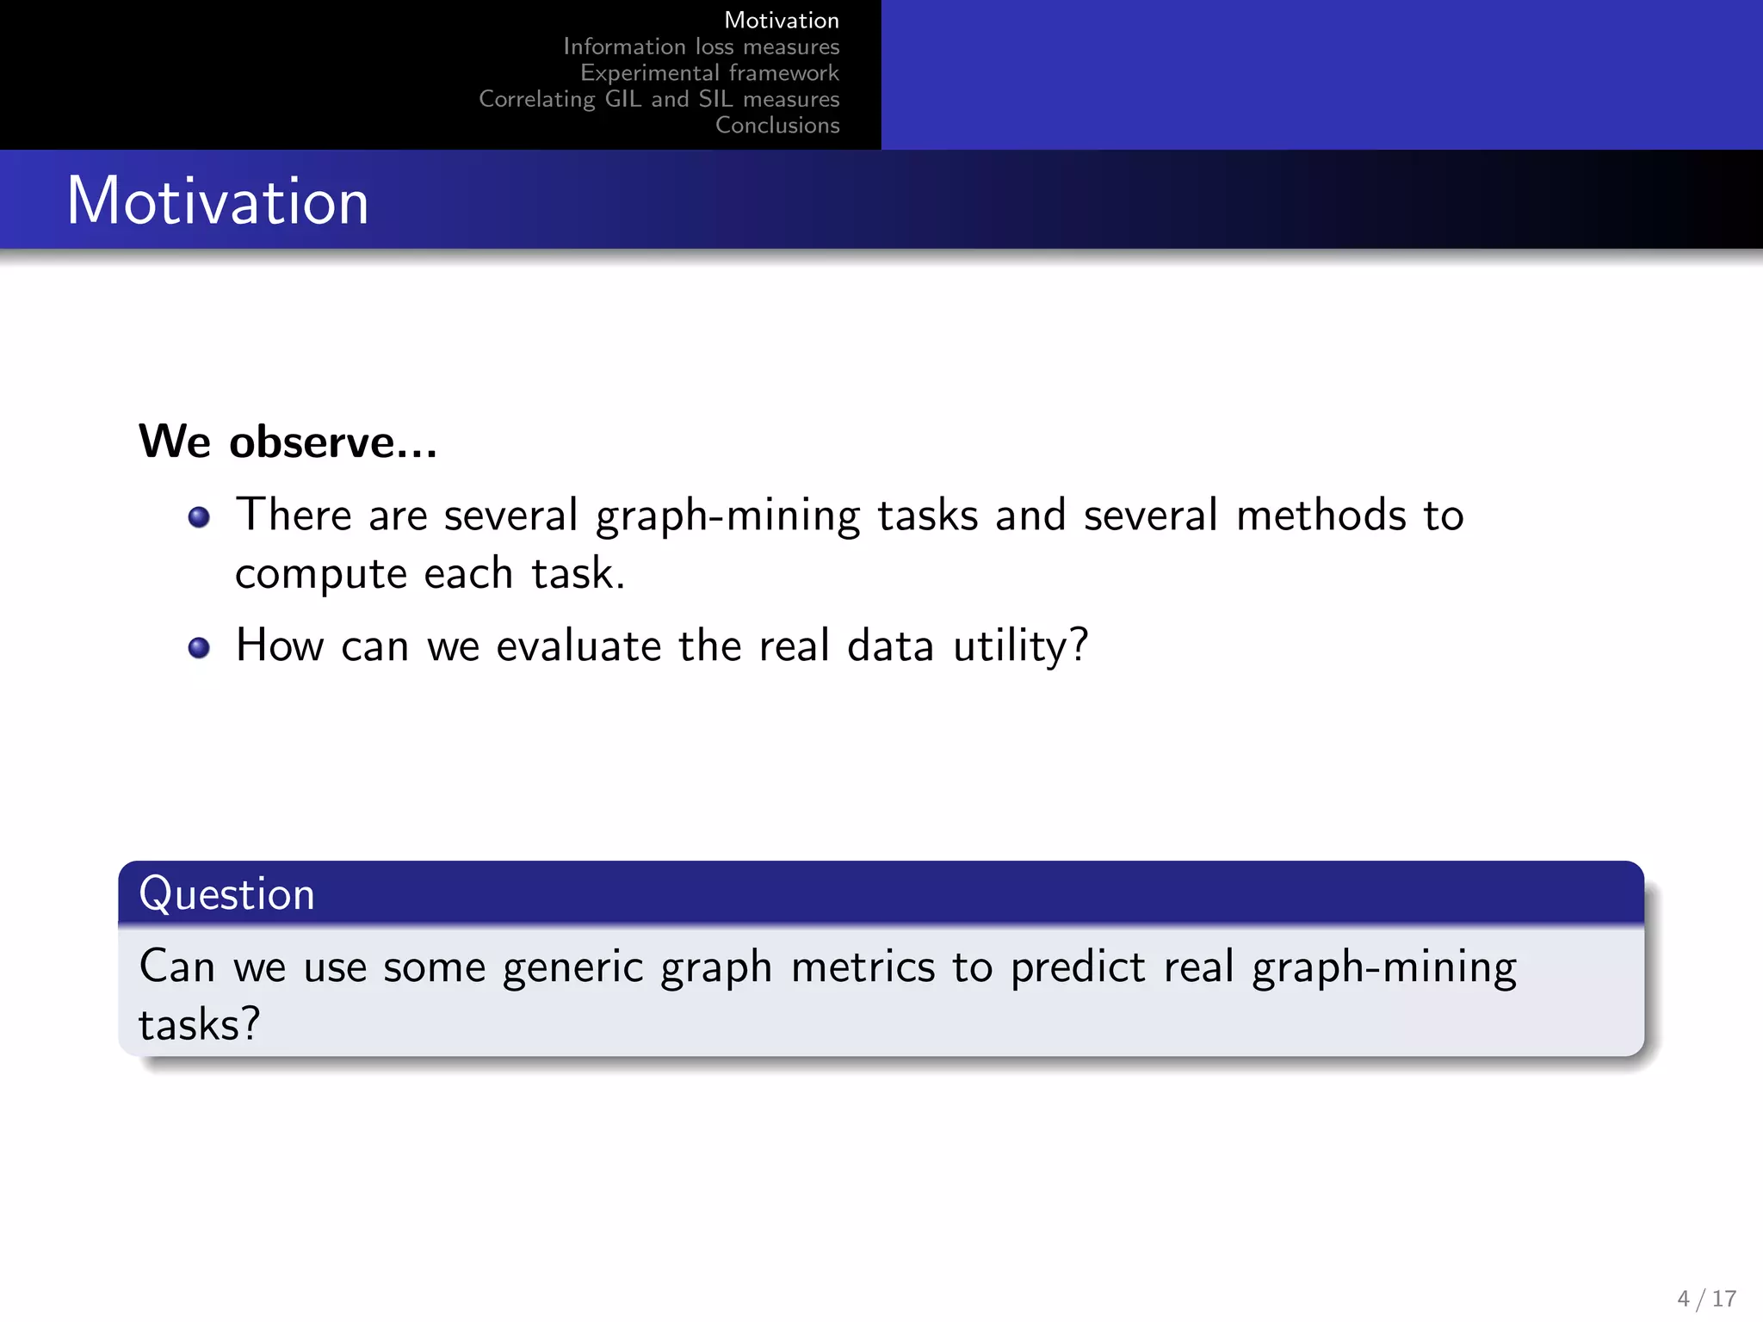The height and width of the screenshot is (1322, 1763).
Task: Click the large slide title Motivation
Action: [x=218, y=201]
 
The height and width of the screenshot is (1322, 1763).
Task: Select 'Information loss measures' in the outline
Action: [x=701, y=46]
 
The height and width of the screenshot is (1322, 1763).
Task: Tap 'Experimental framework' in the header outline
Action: [x=709, y=73]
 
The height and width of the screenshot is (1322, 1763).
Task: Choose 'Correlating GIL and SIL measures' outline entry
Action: [x=659, y=99]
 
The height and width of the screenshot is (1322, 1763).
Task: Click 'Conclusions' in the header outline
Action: [x=777, y=126]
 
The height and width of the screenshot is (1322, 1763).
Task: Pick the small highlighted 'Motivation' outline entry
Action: [x=781, y=20]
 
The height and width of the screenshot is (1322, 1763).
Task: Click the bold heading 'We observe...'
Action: [x=288, y=442]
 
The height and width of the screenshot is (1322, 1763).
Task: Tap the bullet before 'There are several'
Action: [x=199, y=516]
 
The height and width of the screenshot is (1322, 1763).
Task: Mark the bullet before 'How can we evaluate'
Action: [x=199, y=647]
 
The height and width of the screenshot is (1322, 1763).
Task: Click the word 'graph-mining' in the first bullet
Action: [x=727, y=516]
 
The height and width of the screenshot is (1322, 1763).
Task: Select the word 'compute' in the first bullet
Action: [x=320, y=575]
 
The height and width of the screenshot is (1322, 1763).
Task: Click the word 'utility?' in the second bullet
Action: [x=1020, y=646]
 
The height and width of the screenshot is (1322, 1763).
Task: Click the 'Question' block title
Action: [x=227, y=893]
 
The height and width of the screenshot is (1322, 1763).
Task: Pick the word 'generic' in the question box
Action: [x=572, y=967]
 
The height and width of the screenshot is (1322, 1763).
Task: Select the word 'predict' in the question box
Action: [x=1078, y=967]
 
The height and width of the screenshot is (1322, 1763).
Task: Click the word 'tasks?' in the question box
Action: [x=199, y=1025]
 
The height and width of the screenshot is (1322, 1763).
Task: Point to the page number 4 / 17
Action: [x=1706, y=1298]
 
